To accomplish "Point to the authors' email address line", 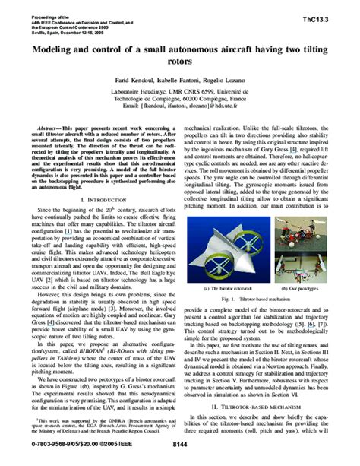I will coord(180,106).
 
